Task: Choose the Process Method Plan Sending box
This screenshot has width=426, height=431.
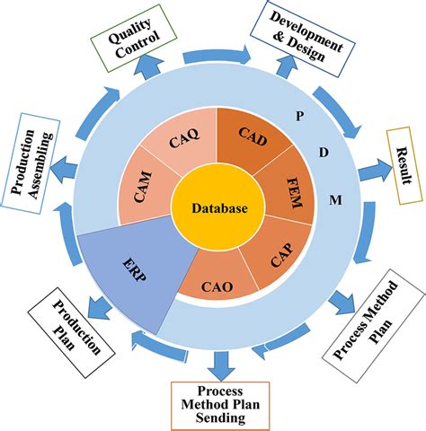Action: point(219,404)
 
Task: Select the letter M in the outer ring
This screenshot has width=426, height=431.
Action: point(334,198)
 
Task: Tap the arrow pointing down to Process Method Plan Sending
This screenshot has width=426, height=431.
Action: point(219,363)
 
